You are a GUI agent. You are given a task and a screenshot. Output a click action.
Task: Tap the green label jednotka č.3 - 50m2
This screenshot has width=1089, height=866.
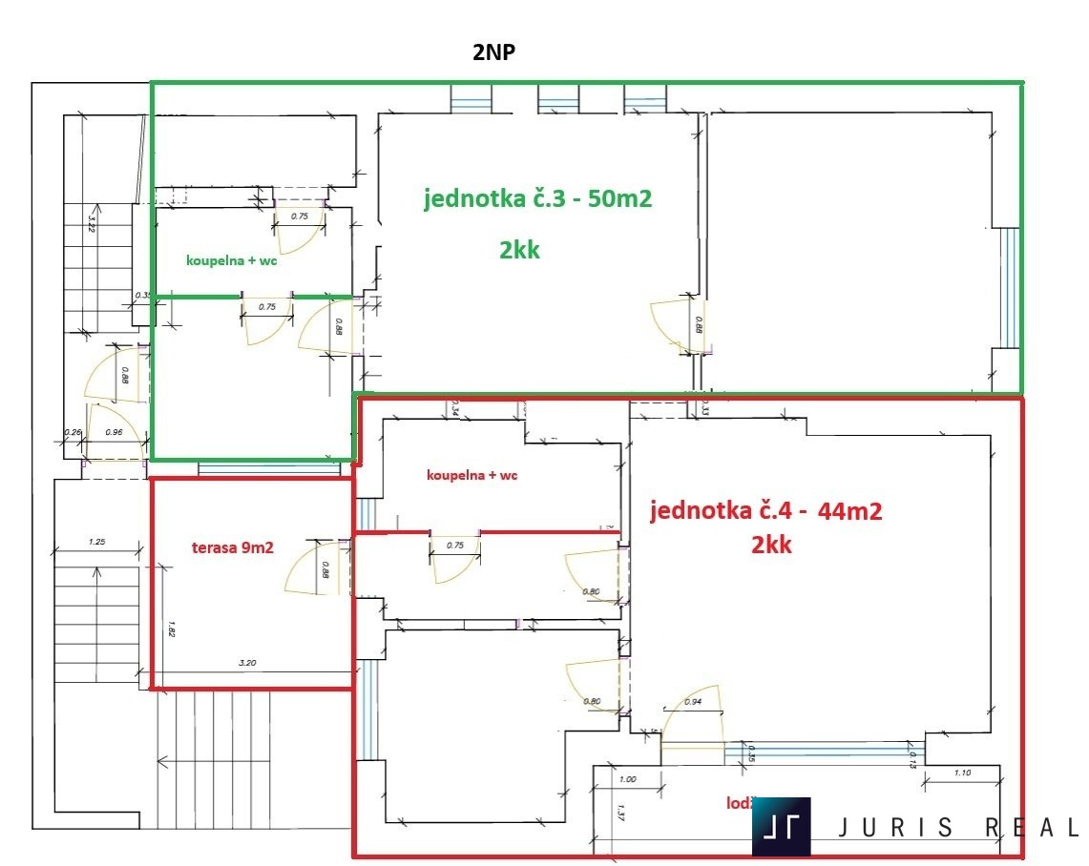tap(542, 198)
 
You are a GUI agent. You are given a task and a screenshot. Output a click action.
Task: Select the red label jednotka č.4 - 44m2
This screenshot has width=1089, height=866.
tap(765, 510)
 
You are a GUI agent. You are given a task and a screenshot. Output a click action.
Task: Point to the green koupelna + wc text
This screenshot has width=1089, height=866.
tap(232, 260)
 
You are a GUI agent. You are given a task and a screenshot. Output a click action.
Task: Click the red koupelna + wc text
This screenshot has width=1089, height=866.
tap(472, 474)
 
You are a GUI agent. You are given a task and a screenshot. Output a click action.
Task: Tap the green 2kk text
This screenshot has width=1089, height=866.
tap(519, 250)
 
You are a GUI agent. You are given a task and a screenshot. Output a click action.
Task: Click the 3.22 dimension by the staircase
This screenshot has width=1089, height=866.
tap(92, 224)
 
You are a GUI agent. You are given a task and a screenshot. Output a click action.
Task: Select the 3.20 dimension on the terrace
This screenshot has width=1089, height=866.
tap(247, 662)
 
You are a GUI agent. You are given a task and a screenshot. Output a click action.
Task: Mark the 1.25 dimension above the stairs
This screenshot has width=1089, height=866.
tap(95, 542)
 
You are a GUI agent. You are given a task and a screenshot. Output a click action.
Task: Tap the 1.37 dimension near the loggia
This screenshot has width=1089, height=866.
tap(619, 814)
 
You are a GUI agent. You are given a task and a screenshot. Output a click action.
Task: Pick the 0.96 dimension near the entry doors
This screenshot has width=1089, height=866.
tap(115, 430)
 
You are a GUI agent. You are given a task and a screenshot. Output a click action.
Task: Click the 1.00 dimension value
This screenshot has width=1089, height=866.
tap(627, 779)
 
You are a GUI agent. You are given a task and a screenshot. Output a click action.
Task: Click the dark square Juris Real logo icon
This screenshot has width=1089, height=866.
tap(782, 826)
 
